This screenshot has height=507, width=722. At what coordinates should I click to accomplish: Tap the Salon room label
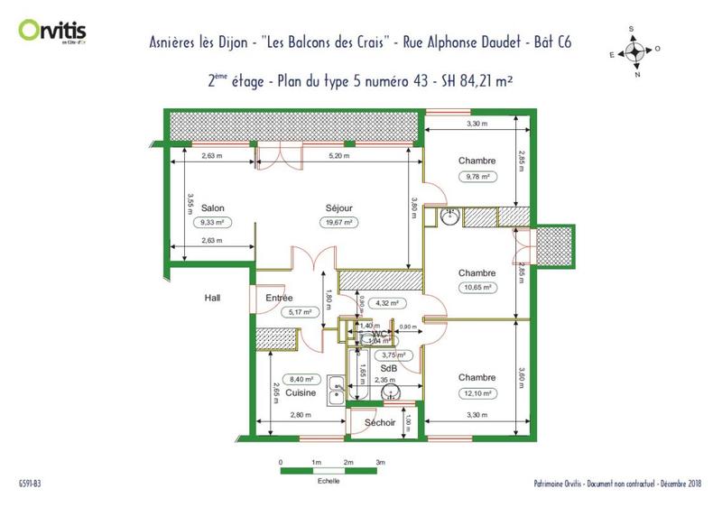(x=213, y=207)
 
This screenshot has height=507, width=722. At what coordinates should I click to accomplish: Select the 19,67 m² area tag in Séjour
(x=339, y=222)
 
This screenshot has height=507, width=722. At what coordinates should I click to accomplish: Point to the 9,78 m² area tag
(x=477, y=177)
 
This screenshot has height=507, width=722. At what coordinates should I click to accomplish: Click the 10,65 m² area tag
(x=477, y=289)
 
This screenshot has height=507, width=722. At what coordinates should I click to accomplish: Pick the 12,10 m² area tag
(x=477, y=392)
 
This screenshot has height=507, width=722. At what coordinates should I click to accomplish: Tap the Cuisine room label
(x=301, y=393)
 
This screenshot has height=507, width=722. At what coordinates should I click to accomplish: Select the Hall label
(x=213, y=297)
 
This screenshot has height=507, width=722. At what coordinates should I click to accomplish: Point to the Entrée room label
(x=280, y=297)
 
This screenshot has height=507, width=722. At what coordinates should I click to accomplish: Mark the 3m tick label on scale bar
(x=381, y=461)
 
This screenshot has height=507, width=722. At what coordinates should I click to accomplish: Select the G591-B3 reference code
(x=29, y=484)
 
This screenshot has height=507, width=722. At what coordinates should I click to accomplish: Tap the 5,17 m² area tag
(x=300, y=312)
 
